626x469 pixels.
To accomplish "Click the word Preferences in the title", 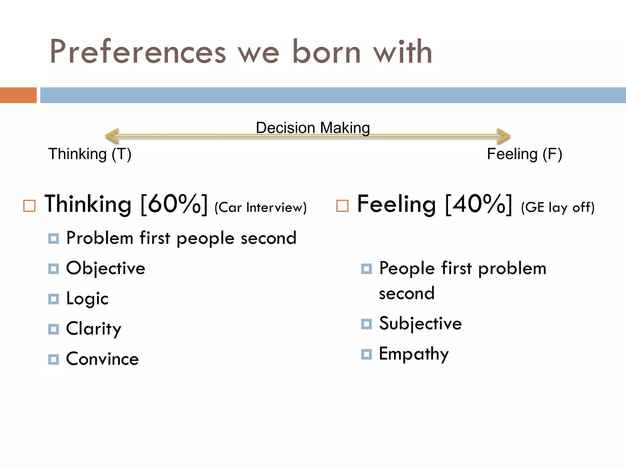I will coord(138,52).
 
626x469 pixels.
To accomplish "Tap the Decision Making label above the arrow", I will coord(313,128).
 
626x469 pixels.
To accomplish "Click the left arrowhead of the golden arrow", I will coord(112,136).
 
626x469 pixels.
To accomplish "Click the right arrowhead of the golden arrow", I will coord(503,136).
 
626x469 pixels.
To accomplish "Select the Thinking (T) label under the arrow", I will coord(90,154).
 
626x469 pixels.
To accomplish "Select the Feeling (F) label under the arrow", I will coord(524,154).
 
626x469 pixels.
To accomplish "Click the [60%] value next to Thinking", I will coord(174,204).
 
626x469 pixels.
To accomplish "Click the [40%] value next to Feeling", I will coord(478,204).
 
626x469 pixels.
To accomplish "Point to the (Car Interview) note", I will coord(260,208).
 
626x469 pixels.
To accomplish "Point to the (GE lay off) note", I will coord(558,208).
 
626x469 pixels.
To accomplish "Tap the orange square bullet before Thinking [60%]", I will coord(29,206).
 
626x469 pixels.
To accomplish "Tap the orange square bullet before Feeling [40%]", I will coord(342,206).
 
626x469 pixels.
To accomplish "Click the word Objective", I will coord(105,268).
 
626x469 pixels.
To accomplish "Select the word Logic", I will coord(87,299).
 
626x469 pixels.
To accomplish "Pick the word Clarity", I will coord(94,329).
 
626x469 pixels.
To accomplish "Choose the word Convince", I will coord(102,359).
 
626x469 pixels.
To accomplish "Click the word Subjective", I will coord(420,323).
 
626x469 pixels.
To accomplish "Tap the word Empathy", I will coord(414,354).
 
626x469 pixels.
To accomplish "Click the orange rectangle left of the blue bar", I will coord(18,95).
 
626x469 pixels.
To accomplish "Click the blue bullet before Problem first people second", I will coord(53,238).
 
